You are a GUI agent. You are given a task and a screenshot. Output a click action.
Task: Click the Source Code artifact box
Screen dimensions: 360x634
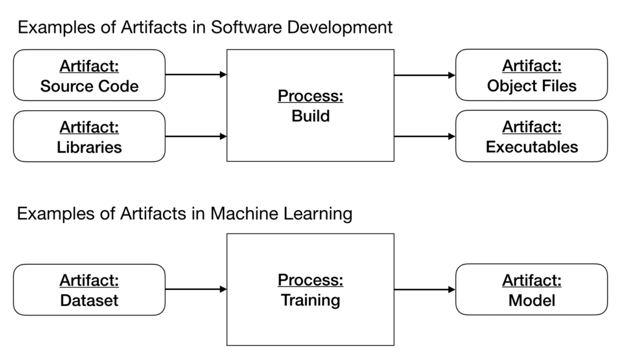89,75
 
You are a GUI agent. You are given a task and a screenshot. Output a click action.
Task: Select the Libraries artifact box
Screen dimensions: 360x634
89,136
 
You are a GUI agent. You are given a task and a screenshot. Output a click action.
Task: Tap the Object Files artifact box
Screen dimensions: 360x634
531,75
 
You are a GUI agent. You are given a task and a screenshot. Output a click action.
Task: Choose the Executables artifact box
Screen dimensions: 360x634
531,136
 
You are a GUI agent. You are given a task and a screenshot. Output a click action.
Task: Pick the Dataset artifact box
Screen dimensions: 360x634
89,289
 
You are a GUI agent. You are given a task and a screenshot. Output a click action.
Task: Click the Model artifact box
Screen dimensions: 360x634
531,289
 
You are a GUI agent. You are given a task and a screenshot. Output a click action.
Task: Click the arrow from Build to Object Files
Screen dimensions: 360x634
425,76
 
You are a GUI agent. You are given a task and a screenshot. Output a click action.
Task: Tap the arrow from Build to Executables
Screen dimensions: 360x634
425,136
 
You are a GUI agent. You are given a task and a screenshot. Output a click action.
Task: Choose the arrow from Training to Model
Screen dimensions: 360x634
425,289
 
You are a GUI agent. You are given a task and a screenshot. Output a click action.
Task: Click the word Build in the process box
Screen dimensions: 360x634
311,116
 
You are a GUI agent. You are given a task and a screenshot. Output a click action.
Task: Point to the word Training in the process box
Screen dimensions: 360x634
311,301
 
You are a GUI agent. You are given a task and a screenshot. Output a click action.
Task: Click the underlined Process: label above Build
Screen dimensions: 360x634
311,97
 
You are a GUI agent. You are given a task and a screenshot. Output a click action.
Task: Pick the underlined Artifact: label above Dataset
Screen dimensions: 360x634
89,281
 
